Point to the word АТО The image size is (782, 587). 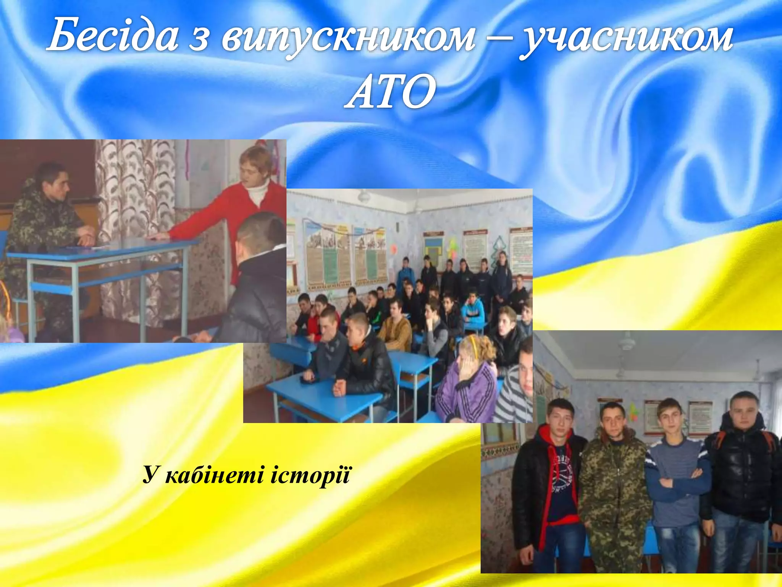[x=390, y=92]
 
